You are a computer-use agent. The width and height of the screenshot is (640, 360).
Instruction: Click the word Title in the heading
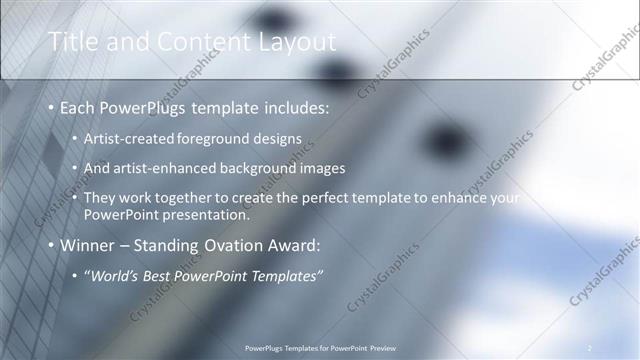coord(73,41)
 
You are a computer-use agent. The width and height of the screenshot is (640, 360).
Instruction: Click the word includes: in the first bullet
coord(293,107)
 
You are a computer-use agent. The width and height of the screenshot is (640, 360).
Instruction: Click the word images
coord(321,168)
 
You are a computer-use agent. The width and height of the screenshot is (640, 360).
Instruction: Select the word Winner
coord(88,245)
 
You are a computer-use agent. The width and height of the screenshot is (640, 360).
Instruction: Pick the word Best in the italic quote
coord(159,276)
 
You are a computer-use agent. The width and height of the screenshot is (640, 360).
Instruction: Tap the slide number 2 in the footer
coord(589,347)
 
